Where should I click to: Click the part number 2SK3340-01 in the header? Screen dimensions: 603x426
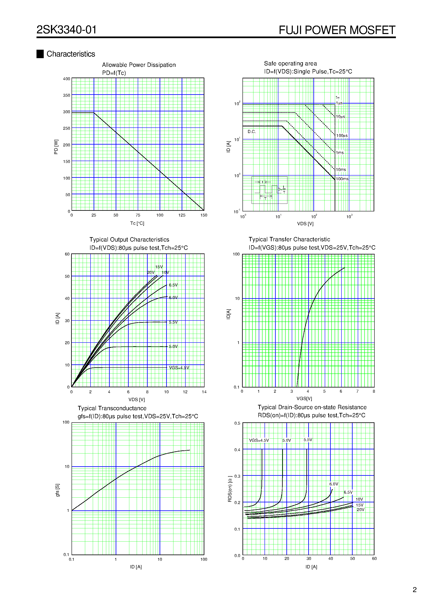point(66,30)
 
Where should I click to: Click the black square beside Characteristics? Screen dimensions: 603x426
point(40,54)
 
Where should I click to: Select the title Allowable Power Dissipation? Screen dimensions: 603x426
point(139,65)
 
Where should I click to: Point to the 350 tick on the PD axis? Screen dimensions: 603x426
point(66,95)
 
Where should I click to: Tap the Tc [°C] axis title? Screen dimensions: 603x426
point(137,223)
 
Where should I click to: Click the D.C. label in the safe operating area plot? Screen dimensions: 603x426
point(252,132)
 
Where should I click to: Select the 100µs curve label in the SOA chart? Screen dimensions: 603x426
point(342,135)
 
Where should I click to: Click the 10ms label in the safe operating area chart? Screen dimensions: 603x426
point(341,170)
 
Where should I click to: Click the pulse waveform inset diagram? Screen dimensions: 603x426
point(269,190)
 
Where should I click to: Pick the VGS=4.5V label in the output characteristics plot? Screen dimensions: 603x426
point(179,368)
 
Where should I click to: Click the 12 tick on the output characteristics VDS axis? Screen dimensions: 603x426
point(185,392)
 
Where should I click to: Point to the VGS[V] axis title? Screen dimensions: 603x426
point(304,398)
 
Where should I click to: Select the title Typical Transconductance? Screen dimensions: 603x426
point(112,408)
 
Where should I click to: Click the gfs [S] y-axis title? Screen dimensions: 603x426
point(58,490)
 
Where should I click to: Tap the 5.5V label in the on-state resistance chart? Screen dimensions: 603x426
point(308,440)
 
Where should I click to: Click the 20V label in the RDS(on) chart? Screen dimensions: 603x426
point(361,510)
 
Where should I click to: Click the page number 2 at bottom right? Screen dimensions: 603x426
point(414,590)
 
